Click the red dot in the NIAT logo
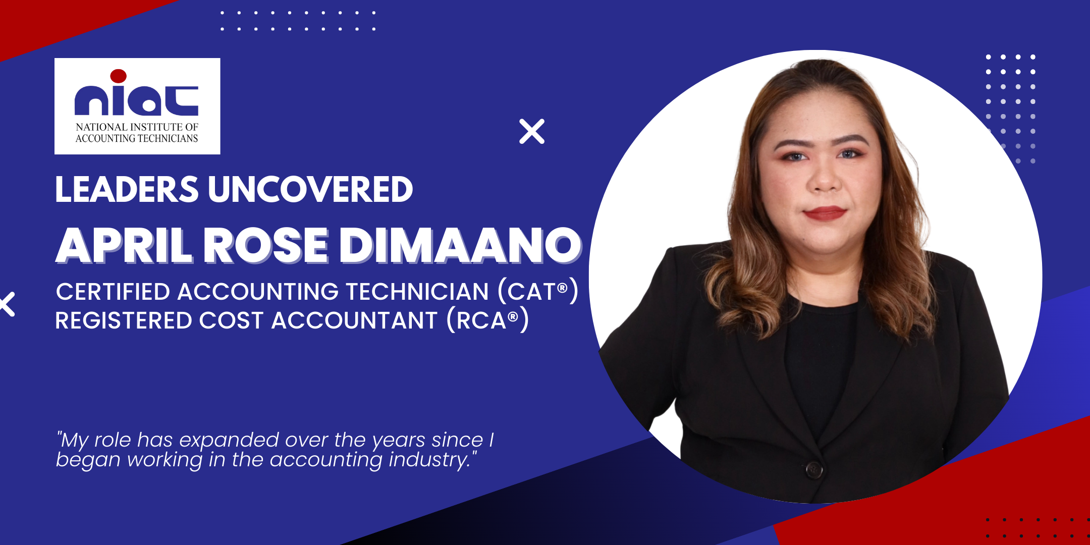point(118,76)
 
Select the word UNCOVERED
point(310,190)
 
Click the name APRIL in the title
point(124,245)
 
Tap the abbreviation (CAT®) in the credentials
point(538,291)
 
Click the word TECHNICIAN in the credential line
point(417,292)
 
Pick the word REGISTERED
point(124,320)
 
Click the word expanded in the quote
point(229,441)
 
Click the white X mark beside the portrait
point(532,131)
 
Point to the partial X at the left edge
point(7,304)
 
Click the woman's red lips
point(825,213)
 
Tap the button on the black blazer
point(814,470)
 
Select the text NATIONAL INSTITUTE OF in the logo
point(137,127)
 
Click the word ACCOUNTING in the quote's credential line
point(258,292)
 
